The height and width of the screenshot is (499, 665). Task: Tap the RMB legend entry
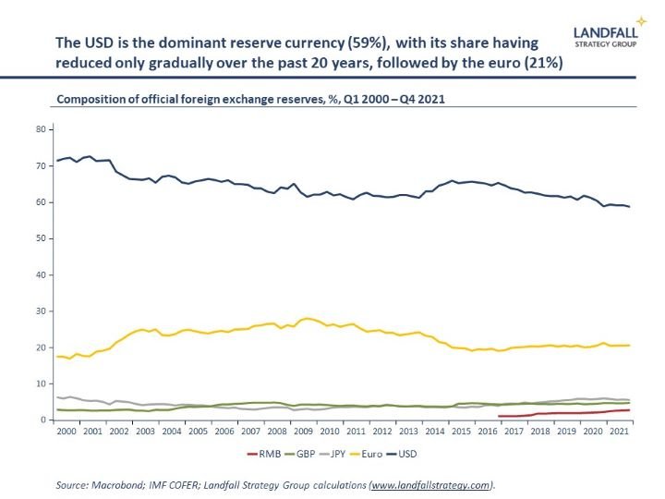(x=265, y=454)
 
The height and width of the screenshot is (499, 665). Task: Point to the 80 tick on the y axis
(x=41, y=129)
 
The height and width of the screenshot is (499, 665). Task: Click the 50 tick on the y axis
(x=41, y=238)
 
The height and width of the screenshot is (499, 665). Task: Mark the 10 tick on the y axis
(x=41, y=383)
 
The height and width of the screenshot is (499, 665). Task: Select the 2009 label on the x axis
(x=302, y=432)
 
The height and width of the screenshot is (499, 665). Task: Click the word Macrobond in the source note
(x=116, y=484)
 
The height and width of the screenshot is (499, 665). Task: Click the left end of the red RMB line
(x=499, y=416)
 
